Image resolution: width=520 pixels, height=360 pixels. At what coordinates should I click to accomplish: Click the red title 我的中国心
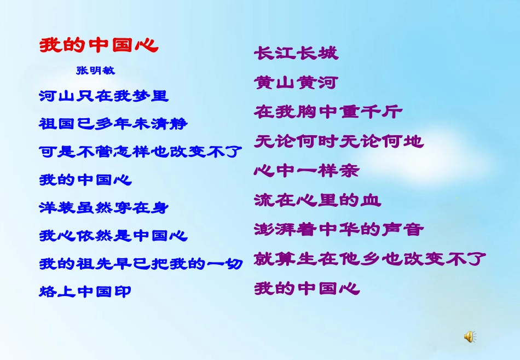[x=99, y=45]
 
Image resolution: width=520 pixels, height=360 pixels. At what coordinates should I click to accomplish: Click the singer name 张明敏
[x=96, y=71]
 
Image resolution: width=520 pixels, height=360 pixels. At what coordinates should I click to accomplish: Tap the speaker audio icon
[x=470, y=336]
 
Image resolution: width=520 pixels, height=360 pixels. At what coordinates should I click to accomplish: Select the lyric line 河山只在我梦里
[x=104, y=96]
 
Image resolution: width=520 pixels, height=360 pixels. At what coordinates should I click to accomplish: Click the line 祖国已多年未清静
[x=113, y=124]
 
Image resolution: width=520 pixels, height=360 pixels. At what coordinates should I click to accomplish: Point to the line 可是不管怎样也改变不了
[x=141, y=152]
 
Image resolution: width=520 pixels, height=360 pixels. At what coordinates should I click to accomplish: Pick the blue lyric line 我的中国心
[x=86, y=179]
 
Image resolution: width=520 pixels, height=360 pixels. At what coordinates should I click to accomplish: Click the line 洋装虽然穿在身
[x=104, y=208]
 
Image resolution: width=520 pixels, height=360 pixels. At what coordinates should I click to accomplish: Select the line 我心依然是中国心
[x=113, y=236]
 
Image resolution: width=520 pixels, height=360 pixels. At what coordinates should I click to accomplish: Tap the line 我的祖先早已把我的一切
[x=141, y=264]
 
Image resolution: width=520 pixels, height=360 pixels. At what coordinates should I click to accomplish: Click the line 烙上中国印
[x=85, y=292]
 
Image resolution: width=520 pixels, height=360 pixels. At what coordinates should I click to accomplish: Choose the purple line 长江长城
[x=296, y=53]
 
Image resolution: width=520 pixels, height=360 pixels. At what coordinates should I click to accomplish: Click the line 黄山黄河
[x=296, y=83]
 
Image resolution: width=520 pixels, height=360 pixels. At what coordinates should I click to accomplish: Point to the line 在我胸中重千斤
[x=328, y=112]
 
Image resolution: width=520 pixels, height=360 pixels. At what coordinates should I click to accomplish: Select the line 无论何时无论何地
[x=339, y=142]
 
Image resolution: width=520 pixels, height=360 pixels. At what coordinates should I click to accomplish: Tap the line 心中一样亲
[x=307, y=171]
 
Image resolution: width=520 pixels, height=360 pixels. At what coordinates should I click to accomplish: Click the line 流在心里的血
[x=317, y=200]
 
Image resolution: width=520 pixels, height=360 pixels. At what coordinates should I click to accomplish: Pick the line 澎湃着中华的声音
[x=339, y=229]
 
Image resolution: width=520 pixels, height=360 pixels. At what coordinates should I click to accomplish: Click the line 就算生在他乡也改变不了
[x=370, y=259]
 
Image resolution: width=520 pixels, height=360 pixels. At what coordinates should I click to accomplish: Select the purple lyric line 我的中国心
[x=307, y=288]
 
